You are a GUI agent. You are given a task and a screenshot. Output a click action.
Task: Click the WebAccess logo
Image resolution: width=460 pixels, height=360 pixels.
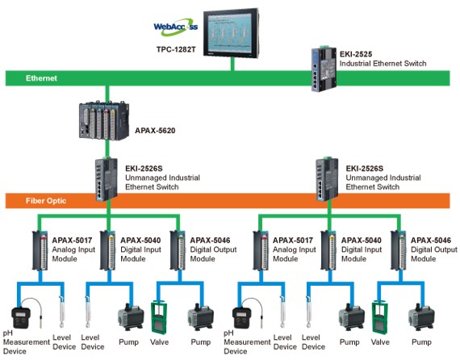pos(175,27)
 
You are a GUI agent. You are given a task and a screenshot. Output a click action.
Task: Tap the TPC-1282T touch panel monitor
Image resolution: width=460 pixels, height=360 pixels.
pos(232,33)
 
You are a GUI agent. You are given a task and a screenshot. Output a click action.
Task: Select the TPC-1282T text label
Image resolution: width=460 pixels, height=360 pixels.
pos(176,49)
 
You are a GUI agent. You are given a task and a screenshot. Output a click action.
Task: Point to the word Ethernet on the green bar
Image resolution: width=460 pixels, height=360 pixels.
pos(41,78)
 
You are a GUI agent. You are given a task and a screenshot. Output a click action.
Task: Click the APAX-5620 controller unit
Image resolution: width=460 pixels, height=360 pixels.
pos(104,120)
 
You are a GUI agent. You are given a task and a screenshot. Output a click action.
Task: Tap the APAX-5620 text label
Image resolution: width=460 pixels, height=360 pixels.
pos(155,131)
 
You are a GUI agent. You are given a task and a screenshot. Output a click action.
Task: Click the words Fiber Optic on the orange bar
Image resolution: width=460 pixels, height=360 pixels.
pos(46,201)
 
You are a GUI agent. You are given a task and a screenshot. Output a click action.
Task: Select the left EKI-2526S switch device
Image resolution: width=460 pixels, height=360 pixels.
pos(106,179)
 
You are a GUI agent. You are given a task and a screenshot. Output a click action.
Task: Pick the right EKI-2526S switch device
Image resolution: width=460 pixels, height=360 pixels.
pos(327,179)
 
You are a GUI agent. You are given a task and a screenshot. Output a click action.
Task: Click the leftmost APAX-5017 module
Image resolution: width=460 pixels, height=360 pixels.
pos(40,250)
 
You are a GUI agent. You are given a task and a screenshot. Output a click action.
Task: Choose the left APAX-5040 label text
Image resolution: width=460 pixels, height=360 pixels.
pos(140,241)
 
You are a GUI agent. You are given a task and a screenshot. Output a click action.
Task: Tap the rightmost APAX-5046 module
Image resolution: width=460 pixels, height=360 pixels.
pos(399,250)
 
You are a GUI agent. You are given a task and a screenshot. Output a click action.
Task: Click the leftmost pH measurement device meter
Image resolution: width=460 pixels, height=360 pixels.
pos(20,317)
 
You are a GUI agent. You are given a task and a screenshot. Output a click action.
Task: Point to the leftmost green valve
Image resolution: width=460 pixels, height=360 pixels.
pos(159,318)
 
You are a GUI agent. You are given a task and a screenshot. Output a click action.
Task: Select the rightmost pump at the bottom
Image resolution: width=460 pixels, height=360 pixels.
pos(421,317)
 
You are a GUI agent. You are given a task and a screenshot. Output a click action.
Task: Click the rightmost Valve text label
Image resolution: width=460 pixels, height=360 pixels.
pos(380,342)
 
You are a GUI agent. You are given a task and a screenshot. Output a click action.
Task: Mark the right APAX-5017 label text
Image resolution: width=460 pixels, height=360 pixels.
pos(293,241)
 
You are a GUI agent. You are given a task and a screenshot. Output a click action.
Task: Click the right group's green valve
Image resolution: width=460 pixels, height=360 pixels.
pos(379,318)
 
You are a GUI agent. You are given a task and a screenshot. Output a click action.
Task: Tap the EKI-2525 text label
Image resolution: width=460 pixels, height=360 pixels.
pos(356,54)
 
